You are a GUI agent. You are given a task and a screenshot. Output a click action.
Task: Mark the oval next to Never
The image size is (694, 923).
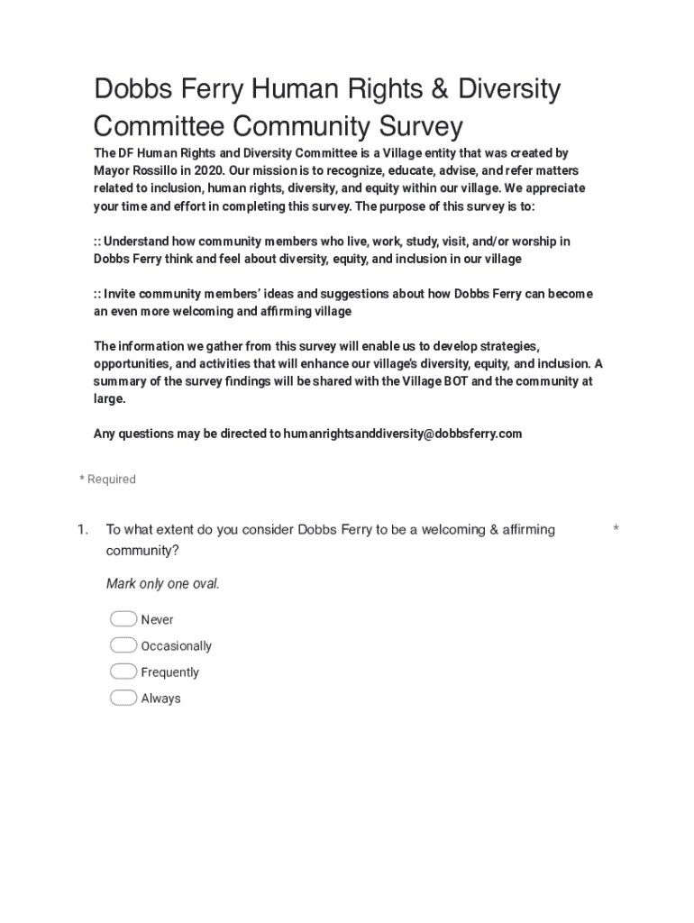click(x=123, y=619)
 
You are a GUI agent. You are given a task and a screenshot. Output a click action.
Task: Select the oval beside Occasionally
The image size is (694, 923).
click(x=123, y=645)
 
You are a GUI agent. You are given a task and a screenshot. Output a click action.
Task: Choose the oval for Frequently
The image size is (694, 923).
click(x=123, y=672)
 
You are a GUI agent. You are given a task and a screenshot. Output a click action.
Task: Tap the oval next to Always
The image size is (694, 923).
click(x=123, y=698)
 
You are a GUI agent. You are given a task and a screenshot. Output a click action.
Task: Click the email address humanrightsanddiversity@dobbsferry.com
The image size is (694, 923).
click(x=402, y=434)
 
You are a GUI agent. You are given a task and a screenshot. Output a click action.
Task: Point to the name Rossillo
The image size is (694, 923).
click(x=159, y=170)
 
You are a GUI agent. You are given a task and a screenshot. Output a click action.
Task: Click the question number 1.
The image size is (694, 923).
click(x=82, y=529)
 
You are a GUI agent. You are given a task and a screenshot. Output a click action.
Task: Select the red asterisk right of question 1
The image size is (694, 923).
click(x=616, y=529)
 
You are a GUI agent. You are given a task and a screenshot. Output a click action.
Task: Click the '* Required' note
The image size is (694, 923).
click(x=107, y=480)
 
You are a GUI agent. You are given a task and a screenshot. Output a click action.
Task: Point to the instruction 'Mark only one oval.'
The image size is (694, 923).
click(x=162, y=583)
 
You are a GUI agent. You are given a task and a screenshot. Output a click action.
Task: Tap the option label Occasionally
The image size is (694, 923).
click(x=177, y=646)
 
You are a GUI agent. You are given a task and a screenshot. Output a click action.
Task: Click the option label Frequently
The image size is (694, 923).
click(x=170, y=672)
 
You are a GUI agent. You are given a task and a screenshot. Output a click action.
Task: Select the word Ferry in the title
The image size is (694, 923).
click(x=210, y=89)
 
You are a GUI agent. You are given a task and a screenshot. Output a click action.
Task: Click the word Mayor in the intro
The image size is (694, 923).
click(x=113, y=170)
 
